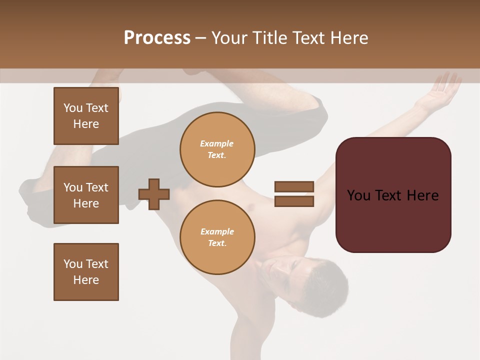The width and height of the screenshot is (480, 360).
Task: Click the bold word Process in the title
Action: pyautogui.click(x=157, y=38)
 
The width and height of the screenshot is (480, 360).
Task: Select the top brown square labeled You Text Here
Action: pyautogui.click(x=86, y=116)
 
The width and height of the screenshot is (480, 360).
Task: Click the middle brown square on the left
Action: pyautogui.click(x=86, y=195)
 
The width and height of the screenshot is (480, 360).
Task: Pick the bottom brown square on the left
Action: pyautogui.click(x=86, y=272)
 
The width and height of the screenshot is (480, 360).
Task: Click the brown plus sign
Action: pyautogui.click(x=154, y=194)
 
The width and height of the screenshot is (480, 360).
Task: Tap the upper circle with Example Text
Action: pyautogui.click(x=217, y=149)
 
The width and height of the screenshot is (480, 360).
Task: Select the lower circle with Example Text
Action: pyautogui.click(x=217, y=237)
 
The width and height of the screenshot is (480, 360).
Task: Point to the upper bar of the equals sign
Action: pyautogui.click(x=294, y=186)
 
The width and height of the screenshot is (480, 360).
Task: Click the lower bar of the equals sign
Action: pyautogui.click(x=294, y=201)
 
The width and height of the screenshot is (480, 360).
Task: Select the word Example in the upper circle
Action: pyautogui.click(x=217, y=144)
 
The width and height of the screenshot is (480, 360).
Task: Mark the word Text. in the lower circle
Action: pyautogui.click(x=217, y=243)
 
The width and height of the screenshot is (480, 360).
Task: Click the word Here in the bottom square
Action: pyautogui.click(x=86, y=280)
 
